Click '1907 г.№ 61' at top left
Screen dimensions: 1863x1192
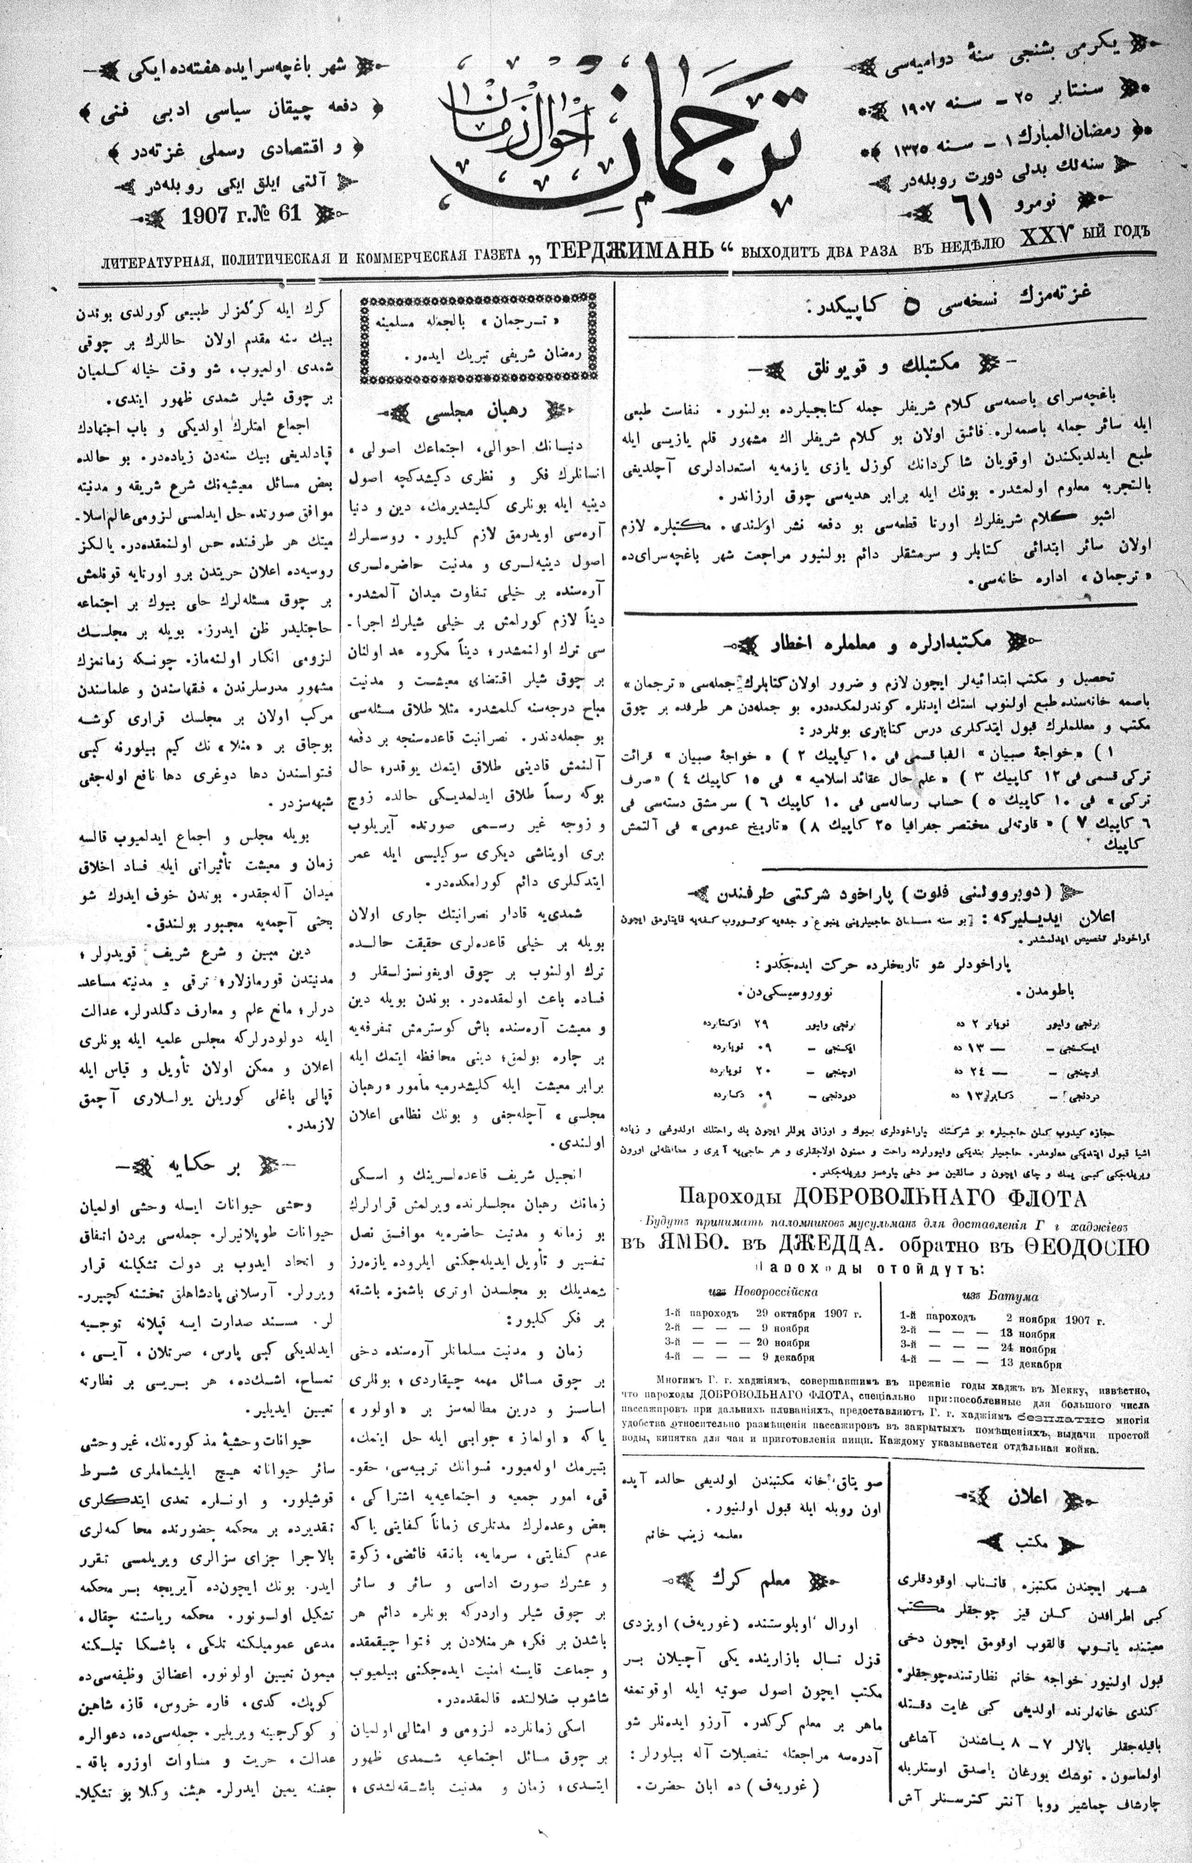tap(241, 213)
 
